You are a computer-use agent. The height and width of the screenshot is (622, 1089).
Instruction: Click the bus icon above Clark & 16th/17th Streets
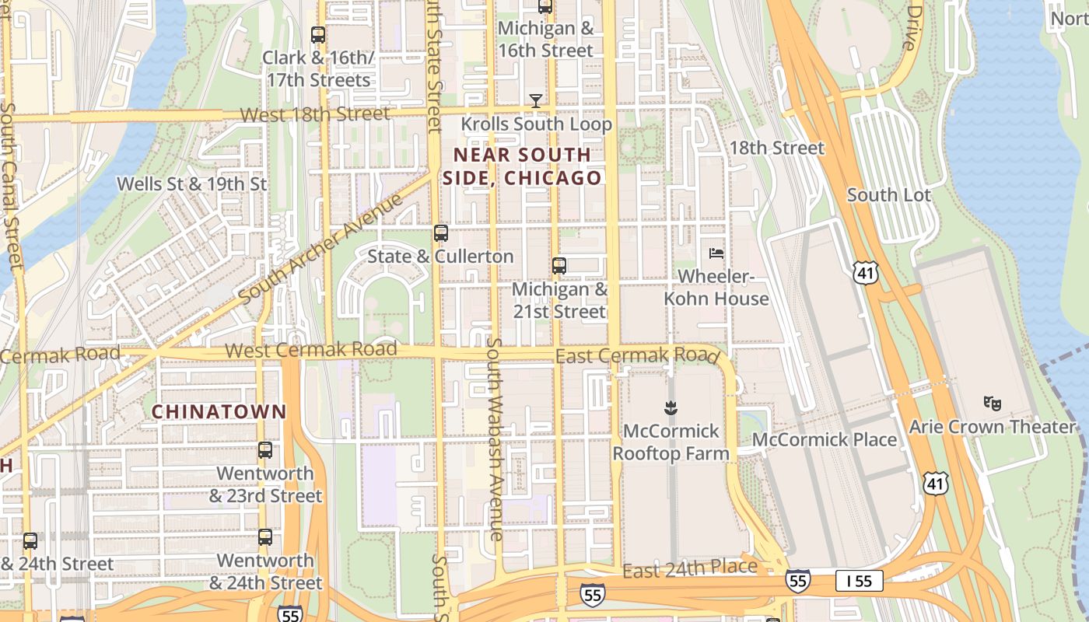click(317, 35)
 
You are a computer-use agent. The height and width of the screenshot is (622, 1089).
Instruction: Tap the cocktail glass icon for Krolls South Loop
click(536, 100)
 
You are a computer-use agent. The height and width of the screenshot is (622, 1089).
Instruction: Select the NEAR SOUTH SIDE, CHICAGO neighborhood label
click(522, 166)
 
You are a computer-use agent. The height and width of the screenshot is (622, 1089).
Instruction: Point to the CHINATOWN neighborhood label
click(219, 412)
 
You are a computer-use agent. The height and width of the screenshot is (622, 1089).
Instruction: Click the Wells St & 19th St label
click(191, 184)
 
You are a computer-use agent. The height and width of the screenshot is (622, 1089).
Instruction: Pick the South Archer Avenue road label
click(321, 249)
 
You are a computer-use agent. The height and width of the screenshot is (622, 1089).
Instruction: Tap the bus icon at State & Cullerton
click(441, 233)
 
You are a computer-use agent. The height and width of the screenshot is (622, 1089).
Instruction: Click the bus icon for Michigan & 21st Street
click(559, 266)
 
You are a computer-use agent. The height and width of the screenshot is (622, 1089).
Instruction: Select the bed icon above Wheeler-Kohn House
click(716, 253)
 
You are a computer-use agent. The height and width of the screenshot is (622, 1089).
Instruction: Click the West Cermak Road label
click(311, 350)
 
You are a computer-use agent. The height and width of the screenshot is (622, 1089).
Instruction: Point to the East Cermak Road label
click(636, 355)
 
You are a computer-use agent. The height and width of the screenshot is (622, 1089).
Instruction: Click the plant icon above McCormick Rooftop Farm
click(670, 407)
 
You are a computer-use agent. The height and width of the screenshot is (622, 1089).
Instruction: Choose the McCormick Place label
click(825, 440)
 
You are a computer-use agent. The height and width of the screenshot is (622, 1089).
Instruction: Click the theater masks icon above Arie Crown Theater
click(992, 403)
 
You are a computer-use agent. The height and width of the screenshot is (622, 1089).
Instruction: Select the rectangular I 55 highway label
click(860, 581)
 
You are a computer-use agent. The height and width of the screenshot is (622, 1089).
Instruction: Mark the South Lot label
click(888, 195)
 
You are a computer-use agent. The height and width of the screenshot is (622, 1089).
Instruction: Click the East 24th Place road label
click(690, 568)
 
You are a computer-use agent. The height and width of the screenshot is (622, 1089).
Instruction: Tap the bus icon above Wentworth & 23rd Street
click(265, 450)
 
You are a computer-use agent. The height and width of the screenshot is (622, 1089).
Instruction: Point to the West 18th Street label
click(314, 114)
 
